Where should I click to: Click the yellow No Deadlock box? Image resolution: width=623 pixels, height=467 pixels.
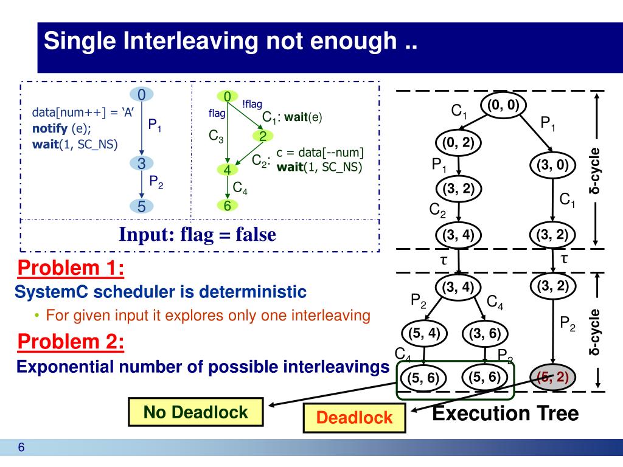(195, 412)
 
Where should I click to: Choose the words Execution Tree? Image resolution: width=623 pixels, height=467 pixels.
(506, 413)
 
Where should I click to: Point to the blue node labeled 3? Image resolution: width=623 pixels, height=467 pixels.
(141, 164)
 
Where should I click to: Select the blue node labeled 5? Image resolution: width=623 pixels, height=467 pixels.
(141, 206)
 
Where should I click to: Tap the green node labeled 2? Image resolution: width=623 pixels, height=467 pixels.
(263, 136)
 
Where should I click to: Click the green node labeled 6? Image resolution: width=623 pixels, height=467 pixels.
(227, 206)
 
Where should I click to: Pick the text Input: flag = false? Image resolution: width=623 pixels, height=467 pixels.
(197, 234)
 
